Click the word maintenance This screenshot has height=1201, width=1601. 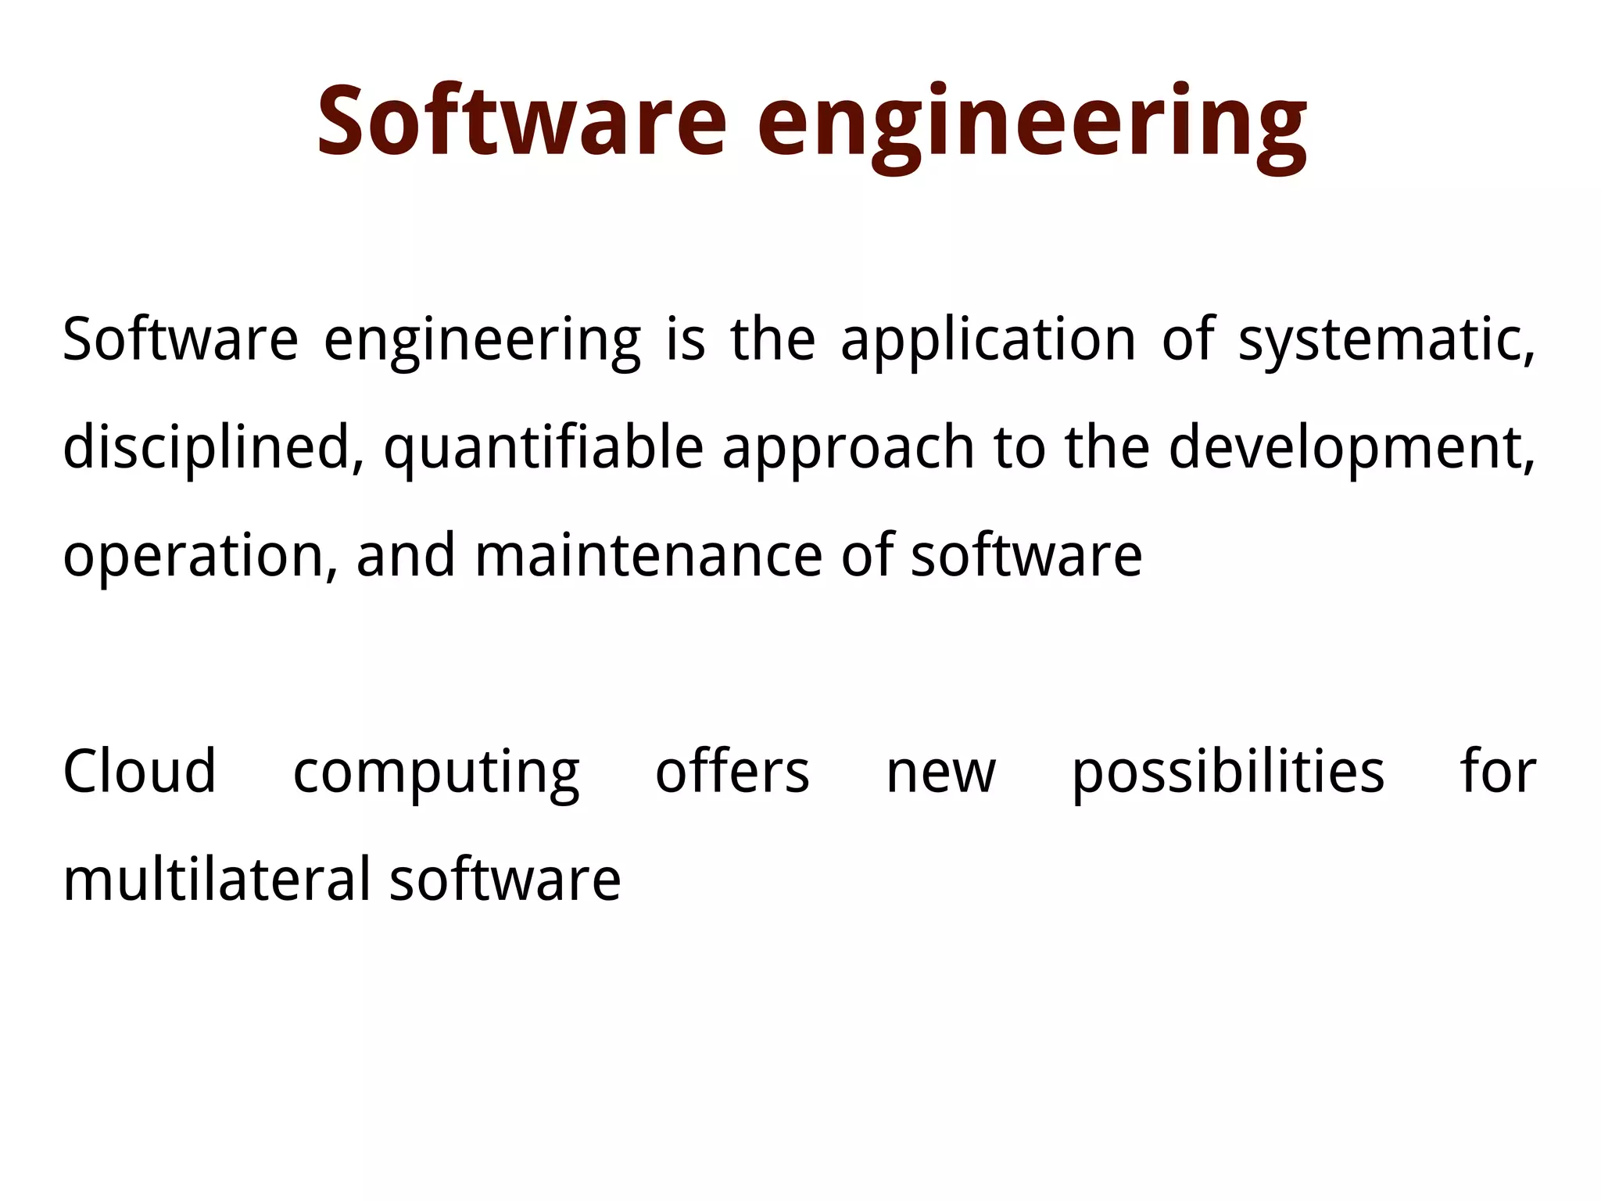tap(648, 555)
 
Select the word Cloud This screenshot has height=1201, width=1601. tap(139, 772)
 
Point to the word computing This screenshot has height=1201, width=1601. tap(436, 773)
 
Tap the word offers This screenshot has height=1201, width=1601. tap(732, 772)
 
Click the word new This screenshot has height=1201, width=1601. tap(940, 773)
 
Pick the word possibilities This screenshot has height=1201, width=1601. tap(1228, 773)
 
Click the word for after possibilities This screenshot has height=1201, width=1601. tap(1498, 772)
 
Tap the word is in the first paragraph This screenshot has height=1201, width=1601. tap(686, 341)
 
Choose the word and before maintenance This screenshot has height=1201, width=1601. tap(406, 555)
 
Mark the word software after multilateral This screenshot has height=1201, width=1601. tap(505, 880)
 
